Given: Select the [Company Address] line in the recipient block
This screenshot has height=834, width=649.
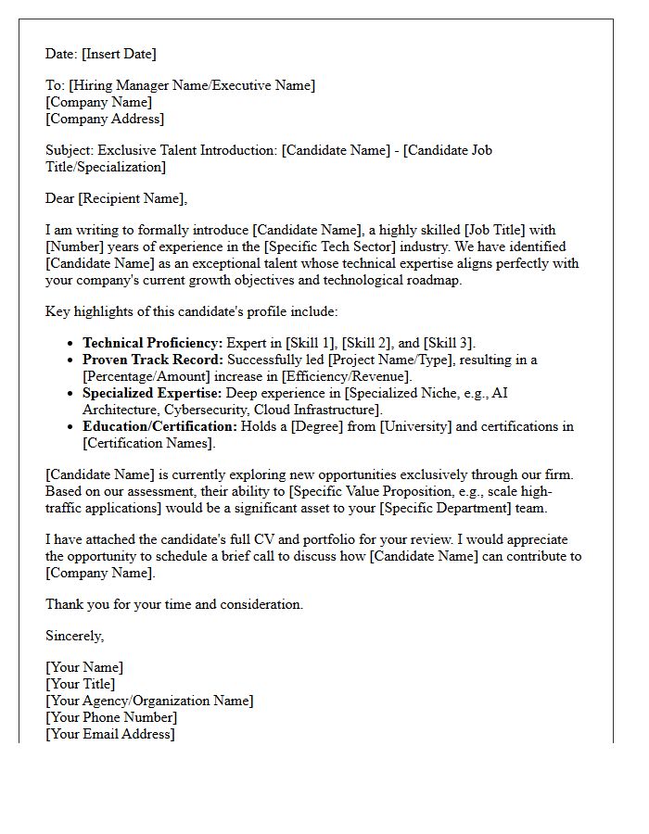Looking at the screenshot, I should pyautogui.click(x=105, y=119).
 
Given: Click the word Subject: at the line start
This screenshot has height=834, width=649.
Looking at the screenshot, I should pyautogui.click(x=70, y=150).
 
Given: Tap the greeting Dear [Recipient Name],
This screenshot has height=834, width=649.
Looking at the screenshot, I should pyautogui.click(x=116, y=197).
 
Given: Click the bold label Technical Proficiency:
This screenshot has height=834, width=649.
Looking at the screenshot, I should pyautogui.click(x=152, y=343).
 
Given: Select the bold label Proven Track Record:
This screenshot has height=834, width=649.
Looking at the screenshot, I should pyautogui.click(x=153, y=360).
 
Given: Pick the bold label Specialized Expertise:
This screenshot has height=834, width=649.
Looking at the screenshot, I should pyautogui.click(x=152, y=393).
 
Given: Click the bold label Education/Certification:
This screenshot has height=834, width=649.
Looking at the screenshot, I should pyautogui.click(x=159, y=426).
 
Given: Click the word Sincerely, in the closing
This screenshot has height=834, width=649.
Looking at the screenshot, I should pyautogui.click(x=75, y=636).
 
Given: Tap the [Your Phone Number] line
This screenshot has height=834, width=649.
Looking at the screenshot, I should pyautogui.click(x=111, y=717).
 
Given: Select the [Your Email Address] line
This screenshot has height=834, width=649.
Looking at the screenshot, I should pyautogui.click(x=110, y=734).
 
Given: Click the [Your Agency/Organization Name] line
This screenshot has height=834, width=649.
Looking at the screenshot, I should pyautogui.click(x=149, y=701).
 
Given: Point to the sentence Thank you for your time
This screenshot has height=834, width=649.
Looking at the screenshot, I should pyautogui.click(x=174, y=604).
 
